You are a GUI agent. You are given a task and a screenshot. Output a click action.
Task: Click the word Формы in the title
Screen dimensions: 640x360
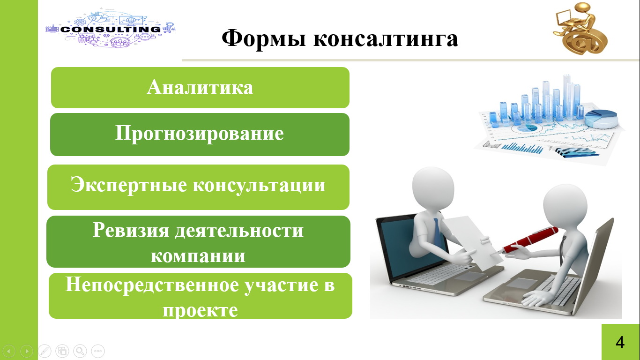264,38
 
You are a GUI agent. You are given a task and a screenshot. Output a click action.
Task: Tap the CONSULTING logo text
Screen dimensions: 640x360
111,29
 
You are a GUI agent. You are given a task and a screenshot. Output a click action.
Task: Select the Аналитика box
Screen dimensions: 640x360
200,88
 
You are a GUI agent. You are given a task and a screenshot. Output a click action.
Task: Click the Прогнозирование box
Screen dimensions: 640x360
200,135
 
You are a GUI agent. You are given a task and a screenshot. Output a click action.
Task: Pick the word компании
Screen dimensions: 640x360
198,255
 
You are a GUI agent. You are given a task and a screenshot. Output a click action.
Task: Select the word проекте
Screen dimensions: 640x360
200,310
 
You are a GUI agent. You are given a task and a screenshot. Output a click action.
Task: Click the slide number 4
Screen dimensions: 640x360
620,342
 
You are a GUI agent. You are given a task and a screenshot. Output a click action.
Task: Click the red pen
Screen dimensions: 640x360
530,240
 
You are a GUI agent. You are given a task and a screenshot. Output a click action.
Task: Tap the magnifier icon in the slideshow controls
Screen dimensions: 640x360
80,351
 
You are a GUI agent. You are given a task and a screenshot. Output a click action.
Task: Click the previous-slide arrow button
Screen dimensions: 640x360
9,351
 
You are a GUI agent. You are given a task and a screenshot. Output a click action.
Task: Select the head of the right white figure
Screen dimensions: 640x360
565,206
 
